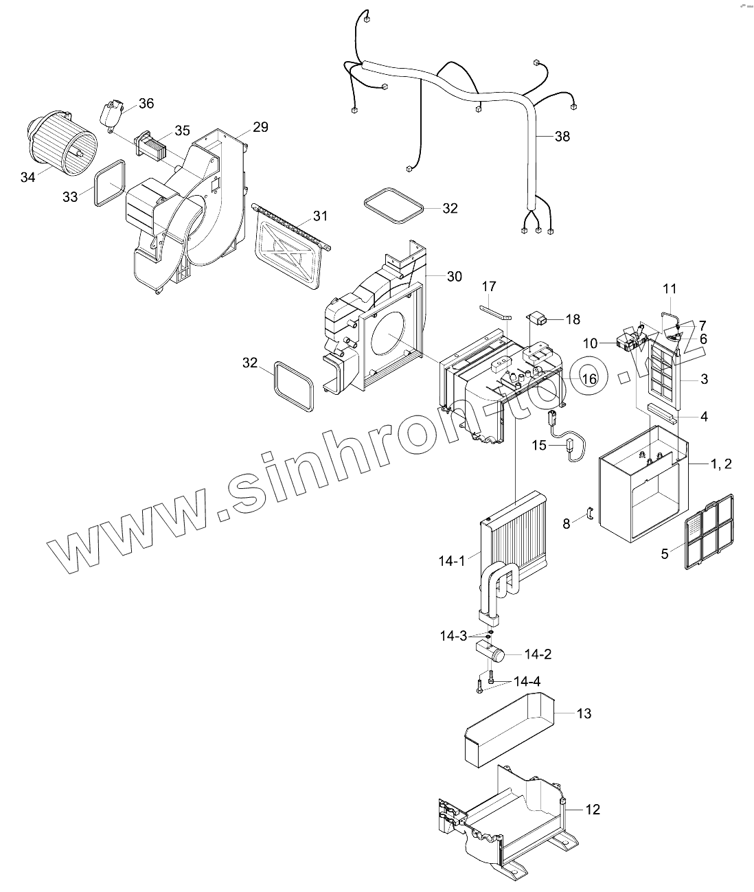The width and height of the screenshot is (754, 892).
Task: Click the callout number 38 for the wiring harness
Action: pyautogui.click(x=562, y=136)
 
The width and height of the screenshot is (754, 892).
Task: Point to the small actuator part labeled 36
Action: pyautogui.click(x=112, y=113)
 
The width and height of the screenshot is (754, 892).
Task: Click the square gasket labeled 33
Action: pyautogui.click(x=109, y=182)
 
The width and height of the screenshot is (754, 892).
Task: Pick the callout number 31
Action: pyautogui.click(x=320, y=216)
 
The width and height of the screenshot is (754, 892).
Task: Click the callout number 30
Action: pyautogui.click(x=455, y=276)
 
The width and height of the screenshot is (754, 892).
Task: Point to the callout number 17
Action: pyautogui.click(x=488, y=286)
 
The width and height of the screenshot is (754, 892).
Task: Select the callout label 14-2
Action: pyautogui.click(x=538, y=654)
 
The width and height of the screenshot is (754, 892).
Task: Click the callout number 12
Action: pyautogui.click(x=592, y=810)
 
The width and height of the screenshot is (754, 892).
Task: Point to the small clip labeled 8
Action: pyautogui.click(x=588, y=513)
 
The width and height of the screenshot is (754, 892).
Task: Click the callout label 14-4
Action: pyautogui.click(x=527, y=682)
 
